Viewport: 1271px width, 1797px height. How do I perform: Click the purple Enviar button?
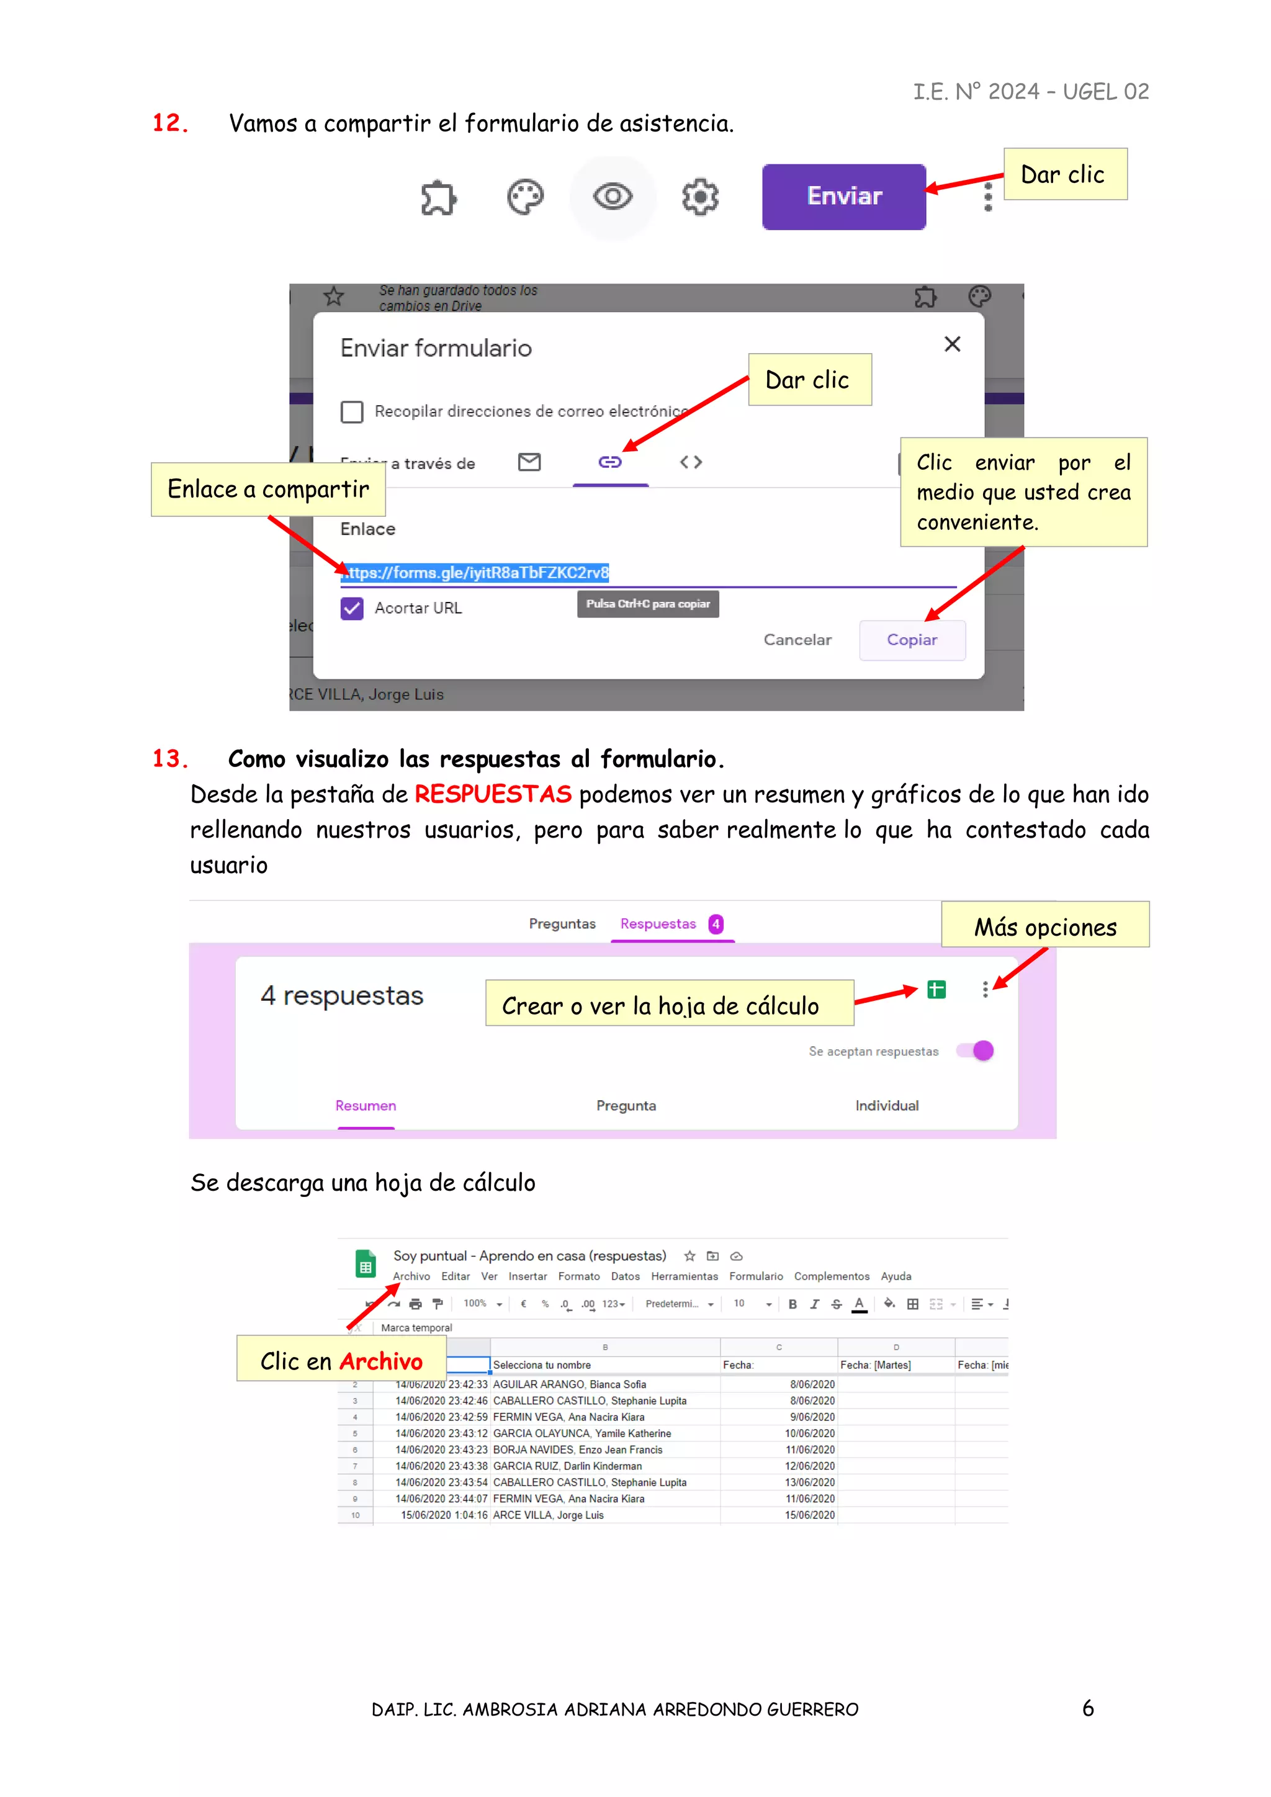(843, 197)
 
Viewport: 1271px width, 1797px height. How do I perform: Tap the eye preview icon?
(612, 197)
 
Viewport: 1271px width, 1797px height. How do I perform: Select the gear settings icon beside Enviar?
(699, 197)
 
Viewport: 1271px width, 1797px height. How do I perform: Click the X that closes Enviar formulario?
(951, 344)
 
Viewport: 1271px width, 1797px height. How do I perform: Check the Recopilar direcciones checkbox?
(352, 411)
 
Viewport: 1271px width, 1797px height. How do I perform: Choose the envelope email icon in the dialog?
(530, 462)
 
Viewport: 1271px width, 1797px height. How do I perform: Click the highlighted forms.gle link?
(475, 573)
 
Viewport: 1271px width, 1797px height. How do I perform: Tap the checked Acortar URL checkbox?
(352, 608)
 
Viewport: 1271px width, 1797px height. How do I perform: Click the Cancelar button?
(797, 640)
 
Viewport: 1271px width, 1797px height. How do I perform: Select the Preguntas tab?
(562, 923)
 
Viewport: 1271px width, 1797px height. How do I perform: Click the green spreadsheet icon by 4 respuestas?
(936, 990)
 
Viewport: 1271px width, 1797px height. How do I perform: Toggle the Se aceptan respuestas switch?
(976, 1051)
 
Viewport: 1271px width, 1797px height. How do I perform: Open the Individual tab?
(887, 1105)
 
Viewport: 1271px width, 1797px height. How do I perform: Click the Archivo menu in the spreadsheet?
(411, 1276)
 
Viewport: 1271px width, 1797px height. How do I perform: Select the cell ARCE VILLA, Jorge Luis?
(549, 1515)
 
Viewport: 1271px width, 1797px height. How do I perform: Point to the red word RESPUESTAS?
(493, 794)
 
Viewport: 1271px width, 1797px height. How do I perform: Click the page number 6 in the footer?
(1088, 1708)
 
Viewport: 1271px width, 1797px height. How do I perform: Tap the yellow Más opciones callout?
(1045, 926)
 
